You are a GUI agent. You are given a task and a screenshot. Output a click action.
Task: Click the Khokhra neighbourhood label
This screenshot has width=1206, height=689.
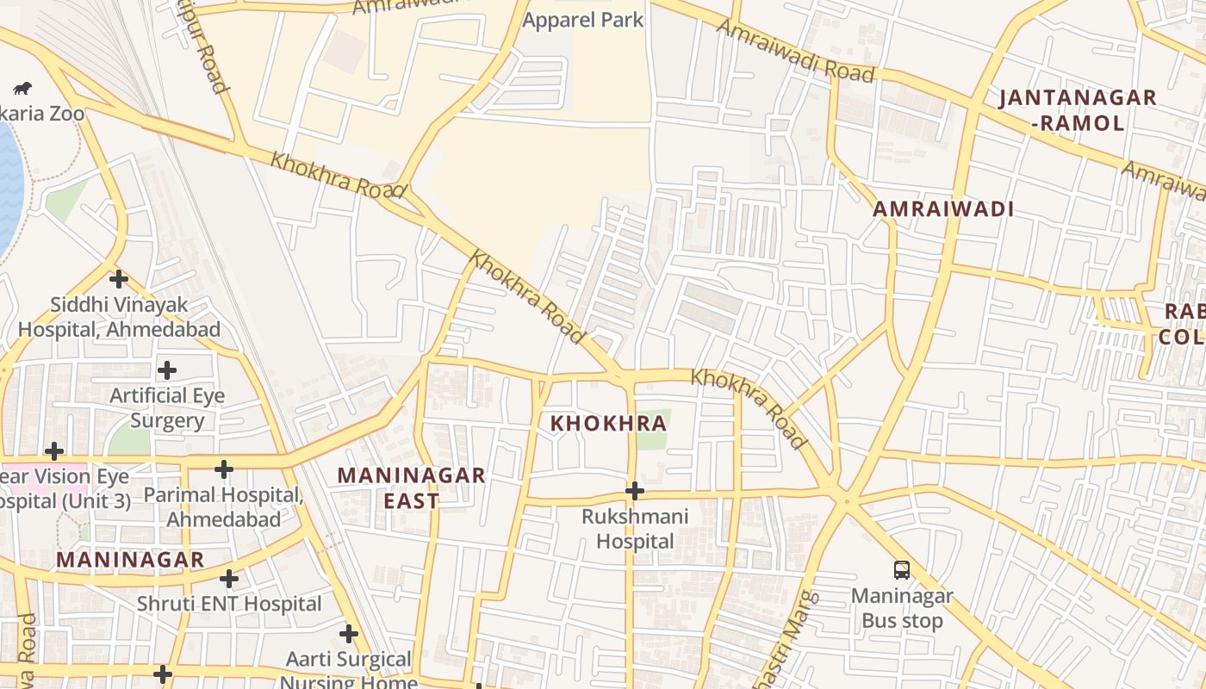click(608, 423)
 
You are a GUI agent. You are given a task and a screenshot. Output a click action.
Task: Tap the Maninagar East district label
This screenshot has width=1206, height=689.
click(411, 487)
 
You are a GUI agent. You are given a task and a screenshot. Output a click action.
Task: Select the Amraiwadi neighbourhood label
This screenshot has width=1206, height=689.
click(942, 208)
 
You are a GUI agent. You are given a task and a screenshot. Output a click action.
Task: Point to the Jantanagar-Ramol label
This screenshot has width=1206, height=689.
click(1077, 109)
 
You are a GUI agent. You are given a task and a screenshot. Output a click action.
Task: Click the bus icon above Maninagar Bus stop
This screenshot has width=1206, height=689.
click(901, 569)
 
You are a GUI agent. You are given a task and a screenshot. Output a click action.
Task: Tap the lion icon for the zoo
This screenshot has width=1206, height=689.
click(22, 88)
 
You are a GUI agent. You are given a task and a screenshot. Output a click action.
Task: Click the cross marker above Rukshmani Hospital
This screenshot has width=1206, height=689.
click(635, 491)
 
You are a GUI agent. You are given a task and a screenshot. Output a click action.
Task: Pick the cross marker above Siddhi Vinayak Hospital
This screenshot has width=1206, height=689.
click(119, 279)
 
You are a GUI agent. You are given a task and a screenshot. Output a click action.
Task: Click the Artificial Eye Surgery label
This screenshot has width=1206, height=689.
click(166, 408)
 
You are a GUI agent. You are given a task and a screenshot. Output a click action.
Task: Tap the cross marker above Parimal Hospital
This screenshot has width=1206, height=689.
click(224, 469)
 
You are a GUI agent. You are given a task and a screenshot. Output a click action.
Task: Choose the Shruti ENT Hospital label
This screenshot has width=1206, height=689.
click(229, 604)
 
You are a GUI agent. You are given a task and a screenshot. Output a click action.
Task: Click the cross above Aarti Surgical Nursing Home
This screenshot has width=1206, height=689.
click(349, 635)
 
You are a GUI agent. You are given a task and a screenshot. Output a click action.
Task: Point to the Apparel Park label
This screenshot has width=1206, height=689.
click(583, 20)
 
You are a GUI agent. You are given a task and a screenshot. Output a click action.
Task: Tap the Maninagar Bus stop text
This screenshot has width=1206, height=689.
click(902, 608)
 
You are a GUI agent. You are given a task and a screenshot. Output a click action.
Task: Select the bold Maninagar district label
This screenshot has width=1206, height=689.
click(130, 559)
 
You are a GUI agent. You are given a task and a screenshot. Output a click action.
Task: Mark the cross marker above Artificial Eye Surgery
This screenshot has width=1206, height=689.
click(167, 370)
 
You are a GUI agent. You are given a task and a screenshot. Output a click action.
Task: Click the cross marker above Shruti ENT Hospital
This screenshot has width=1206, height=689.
click(229, 578)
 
